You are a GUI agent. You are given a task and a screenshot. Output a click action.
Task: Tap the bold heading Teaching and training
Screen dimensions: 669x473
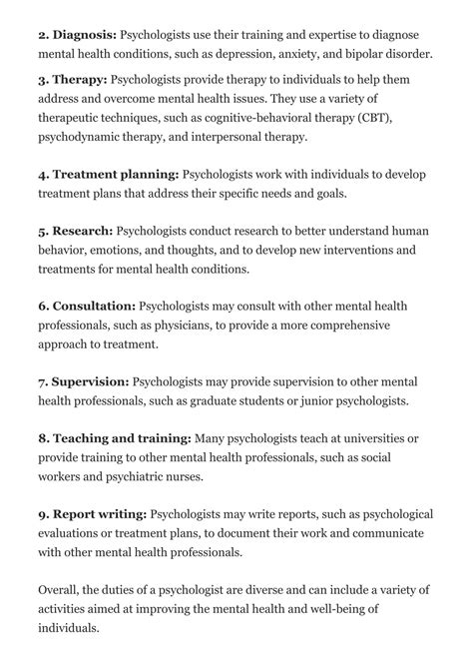point(123,437)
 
